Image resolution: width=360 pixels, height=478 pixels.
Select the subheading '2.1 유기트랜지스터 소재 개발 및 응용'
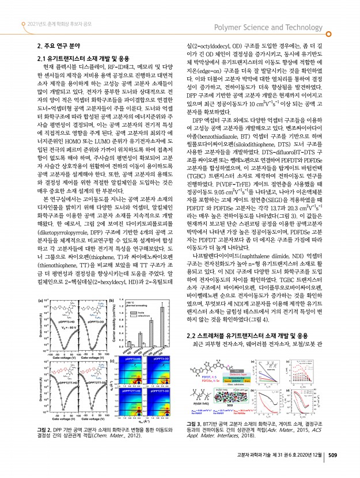pyautogui.click(x=87, y=59)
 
